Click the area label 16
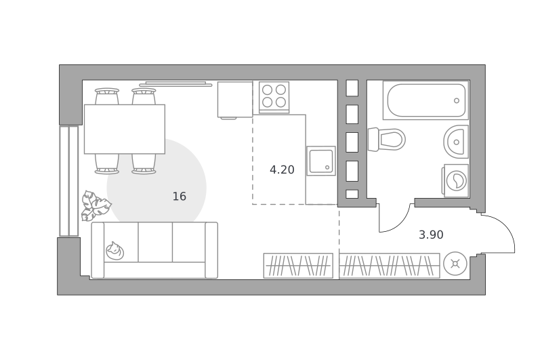tap(180, 197)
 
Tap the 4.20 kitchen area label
tap(282, 169)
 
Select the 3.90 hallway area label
tap(431, 235)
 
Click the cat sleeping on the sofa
tap(114, 250)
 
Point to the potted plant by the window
tap(95, 206)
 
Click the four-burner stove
tap(274, 97)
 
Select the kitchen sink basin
tap(321, 161)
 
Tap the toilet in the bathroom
tap(386, 140)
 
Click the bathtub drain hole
tap(457, 100)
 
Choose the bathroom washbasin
tap(456, 142)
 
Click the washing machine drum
tap(456, 180)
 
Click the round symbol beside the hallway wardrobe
tap(455, 264)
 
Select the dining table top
tap(125, 129)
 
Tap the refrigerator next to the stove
tap(235, 100)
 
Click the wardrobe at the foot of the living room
tap(298, 266)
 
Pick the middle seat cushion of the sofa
tap(155, 242)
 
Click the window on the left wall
tap(69, 181)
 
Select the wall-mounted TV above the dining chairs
tap(175, 83)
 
